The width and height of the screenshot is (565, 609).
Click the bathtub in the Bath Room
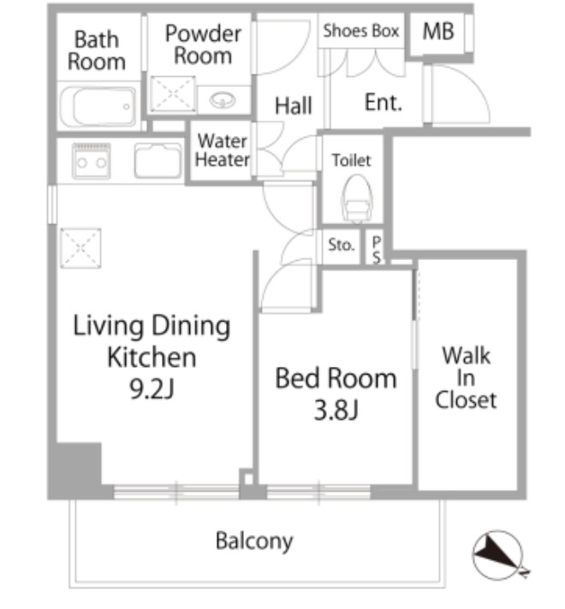pos(98,107)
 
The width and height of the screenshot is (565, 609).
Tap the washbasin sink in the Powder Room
pos(223,101)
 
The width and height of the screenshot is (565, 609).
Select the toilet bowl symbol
pos(357,198)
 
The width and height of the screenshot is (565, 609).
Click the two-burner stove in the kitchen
pos(92,161)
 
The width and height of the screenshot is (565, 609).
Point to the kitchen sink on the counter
pos(158,161)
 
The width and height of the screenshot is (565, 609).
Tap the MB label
pos(438,32)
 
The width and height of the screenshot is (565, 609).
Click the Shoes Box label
pos(361,31)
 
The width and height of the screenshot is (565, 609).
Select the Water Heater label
pos(223,151)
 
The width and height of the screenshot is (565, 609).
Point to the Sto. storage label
pos(341,245)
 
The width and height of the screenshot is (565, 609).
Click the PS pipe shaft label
pos(377,250)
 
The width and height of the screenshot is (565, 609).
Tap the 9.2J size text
pos(152,389)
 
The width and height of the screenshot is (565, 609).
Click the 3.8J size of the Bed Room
pos(336,411)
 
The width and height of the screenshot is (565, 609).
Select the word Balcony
pos(254,541)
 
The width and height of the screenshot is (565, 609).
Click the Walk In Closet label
pos(466,377)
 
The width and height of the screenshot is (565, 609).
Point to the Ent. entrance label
pos(384,103)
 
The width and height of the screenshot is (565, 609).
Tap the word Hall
pos(294,106)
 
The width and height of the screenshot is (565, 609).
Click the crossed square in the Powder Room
pos(173,93)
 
